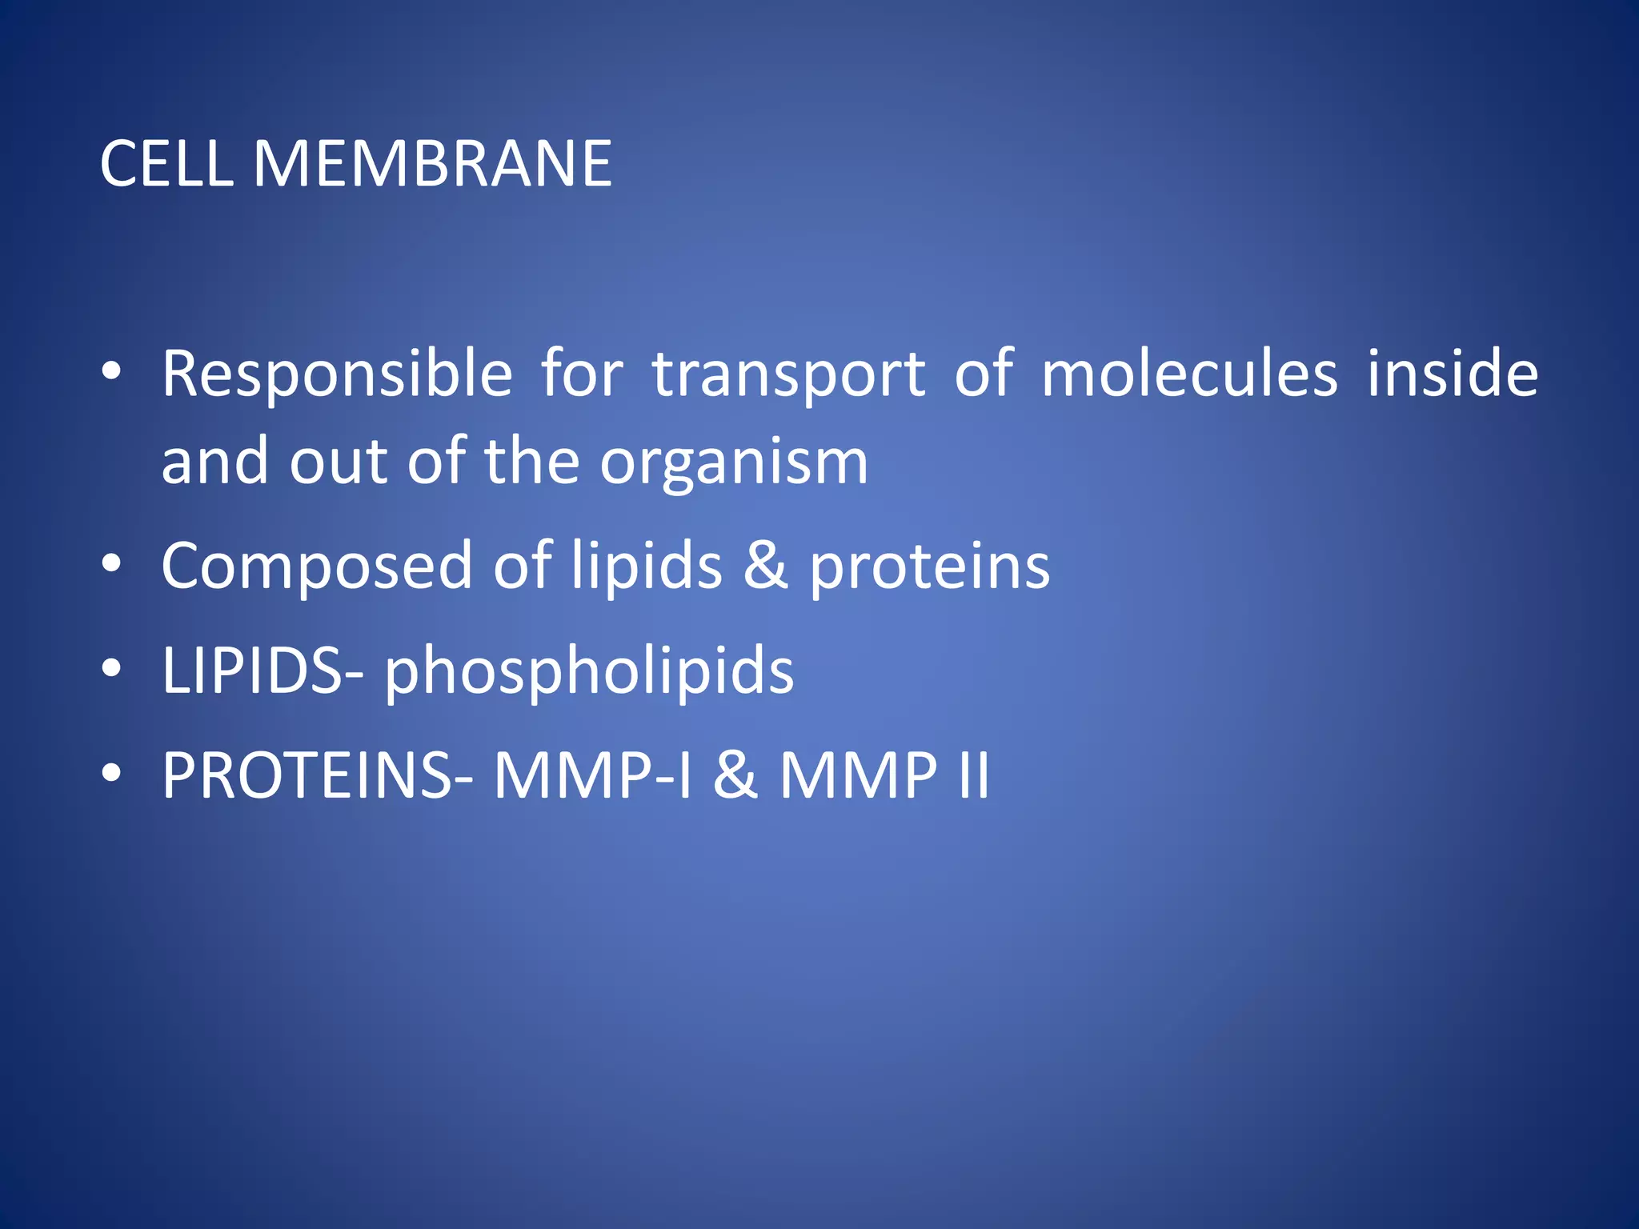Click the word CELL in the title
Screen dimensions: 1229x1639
coord(166,164)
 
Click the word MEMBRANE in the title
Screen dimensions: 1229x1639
coord(432,164)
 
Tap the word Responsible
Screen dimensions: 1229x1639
coord(337,374)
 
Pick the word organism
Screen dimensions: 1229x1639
coord(734,464)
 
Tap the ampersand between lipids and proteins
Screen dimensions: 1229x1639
coord(765,566)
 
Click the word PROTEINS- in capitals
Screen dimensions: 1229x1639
coord(318,775)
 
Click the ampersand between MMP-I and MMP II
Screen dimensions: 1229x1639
coord(735,775)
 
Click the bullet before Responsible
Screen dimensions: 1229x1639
coord(112,371)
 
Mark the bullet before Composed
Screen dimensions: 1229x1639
coord(112,564)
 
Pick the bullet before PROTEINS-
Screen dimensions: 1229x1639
coord(112,773)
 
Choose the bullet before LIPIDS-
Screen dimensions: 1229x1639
coord(112,668)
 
